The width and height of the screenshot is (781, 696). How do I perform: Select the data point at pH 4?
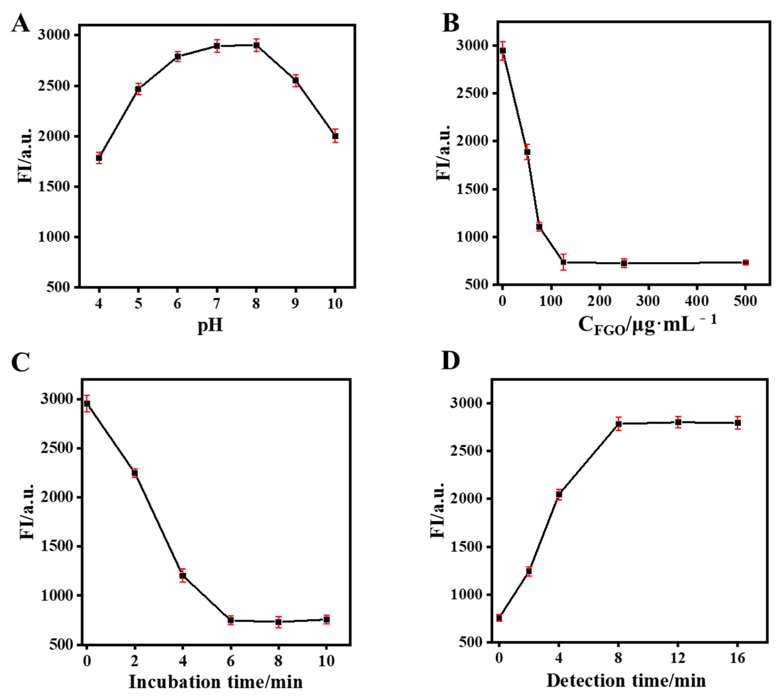pos(99,158)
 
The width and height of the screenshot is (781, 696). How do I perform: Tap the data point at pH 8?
pos(256,45)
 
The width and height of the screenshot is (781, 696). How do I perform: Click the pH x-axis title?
pos(210,326)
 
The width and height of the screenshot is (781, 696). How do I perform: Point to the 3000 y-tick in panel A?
pos(54,35)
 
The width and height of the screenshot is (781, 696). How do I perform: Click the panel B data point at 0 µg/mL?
pos(503,51)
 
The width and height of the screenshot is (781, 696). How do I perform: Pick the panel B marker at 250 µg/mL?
pos(624,263)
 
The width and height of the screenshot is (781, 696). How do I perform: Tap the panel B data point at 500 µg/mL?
pos(745,262)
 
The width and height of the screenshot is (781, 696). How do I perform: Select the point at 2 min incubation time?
pos(135,473)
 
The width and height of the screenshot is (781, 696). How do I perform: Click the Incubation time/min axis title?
pos(216,682)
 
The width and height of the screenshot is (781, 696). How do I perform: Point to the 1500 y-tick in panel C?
pos(56,546)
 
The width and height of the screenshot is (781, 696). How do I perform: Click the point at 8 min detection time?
pos(618,424)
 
